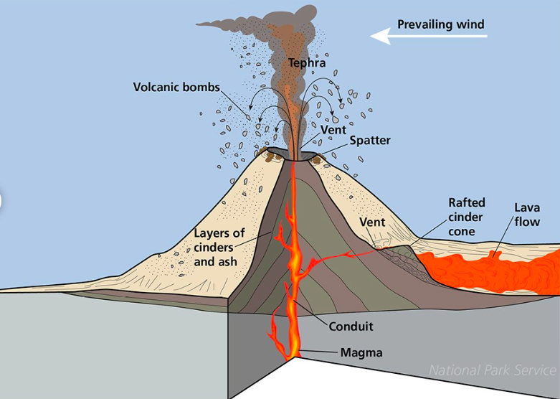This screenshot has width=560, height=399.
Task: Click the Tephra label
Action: click(x=307, y=63)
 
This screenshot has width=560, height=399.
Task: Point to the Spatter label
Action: click(x=369, y=141)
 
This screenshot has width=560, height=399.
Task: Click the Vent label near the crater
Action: click(x=333, y=130)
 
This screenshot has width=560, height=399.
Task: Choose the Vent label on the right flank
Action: click(x=372, y=222)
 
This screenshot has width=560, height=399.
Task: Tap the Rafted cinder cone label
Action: click(x=466, y=217)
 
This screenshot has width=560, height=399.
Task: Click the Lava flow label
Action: click(x=527, y=215)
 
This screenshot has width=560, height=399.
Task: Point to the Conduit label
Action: click(x=351, y=327)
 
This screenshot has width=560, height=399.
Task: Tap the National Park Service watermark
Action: click(x=492, y=370)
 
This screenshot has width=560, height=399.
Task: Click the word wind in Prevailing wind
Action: click(x=470, y=24)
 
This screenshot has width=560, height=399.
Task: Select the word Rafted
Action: click(x=466, y=203)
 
